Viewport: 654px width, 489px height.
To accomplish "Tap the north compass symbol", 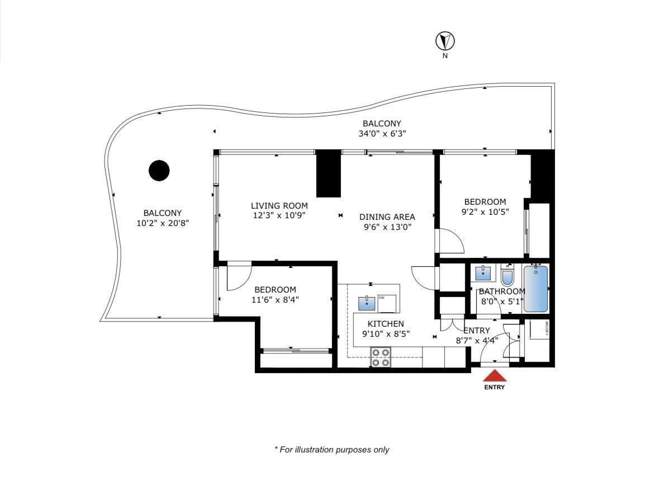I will (445, 41).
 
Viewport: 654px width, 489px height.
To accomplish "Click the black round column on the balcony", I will (159, 171).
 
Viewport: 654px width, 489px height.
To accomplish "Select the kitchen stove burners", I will (381, 358).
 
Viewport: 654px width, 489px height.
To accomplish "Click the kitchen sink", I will (367, 303).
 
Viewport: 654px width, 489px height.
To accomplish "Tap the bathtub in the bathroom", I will (536, 289).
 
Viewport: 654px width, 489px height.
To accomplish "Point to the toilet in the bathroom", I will (507, 277).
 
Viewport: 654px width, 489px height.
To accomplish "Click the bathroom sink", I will (483, 274).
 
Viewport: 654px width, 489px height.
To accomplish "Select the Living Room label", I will (279, 205).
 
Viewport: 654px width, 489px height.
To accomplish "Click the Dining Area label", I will (387, 217).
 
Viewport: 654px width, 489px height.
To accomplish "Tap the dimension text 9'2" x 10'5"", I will (485, 211).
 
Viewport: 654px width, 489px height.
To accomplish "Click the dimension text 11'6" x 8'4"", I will (275, 299).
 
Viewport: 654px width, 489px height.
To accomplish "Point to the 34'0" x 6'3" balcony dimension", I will (382, 134).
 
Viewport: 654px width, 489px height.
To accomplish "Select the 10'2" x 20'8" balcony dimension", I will (163, 223).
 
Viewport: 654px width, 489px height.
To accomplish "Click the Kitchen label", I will (385, 324).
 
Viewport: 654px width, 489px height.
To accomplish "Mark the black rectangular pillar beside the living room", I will (328, 174).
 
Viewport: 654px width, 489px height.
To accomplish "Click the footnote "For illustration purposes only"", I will (331, 449).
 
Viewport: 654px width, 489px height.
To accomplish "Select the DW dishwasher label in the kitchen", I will (382, 297).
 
